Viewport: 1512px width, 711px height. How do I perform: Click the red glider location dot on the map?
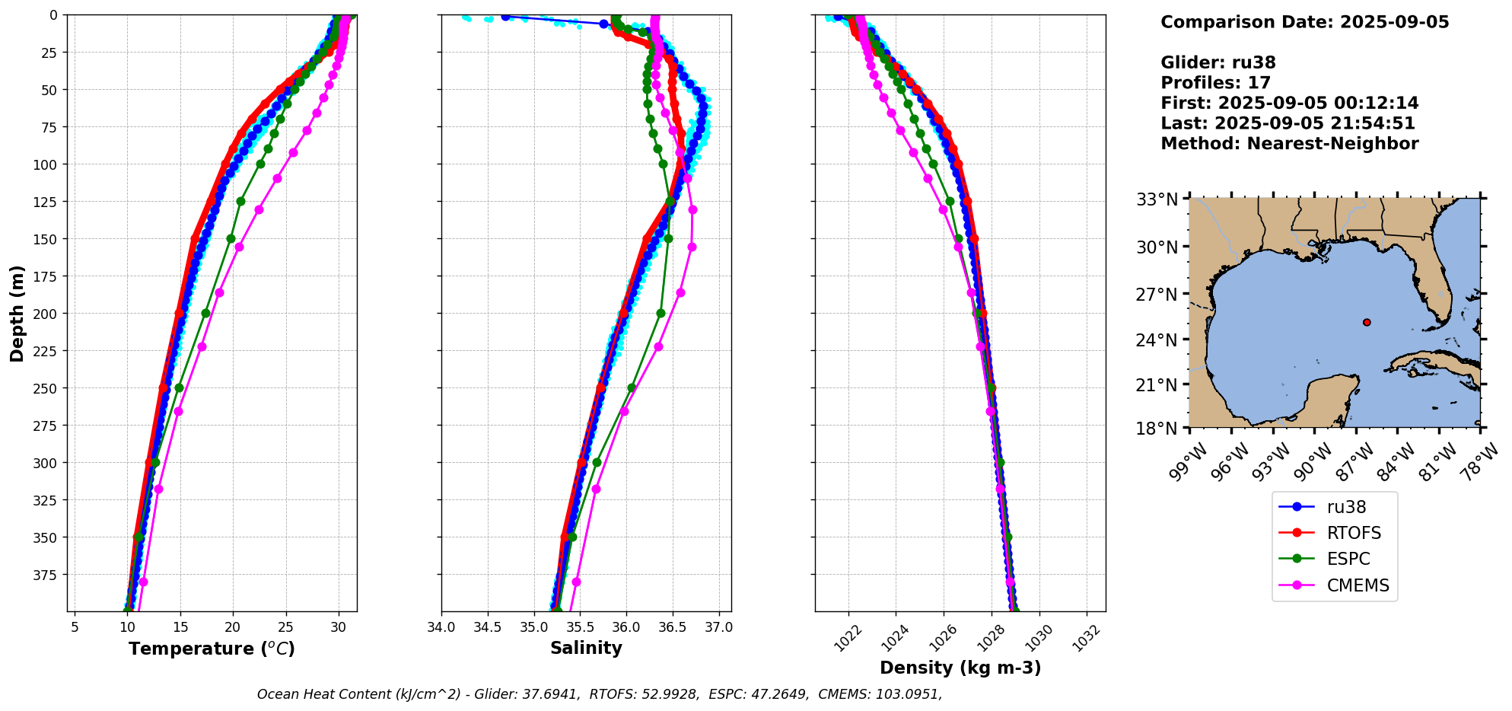(1367, 322)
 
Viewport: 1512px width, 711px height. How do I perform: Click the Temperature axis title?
(212, 649)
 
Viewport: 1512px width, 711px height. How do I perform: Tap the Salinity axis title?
(586, 648)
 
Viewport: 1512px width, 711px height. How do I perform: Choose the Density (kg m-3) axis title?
(960, 668)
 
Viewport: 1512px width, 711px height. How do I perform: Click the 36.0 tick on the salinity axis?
(626, 628)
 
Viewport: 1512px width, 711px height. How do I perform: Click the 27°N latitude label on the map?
(1157, 295)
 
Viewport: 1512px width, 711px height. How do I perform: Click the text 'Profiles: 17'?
(1215, 83)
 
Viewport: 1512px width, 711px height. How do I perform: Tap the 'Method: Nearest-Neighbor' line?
(1289, 144)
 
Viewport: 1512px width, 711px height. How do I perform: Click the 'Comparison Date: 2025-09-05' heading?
(1304, 22)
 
